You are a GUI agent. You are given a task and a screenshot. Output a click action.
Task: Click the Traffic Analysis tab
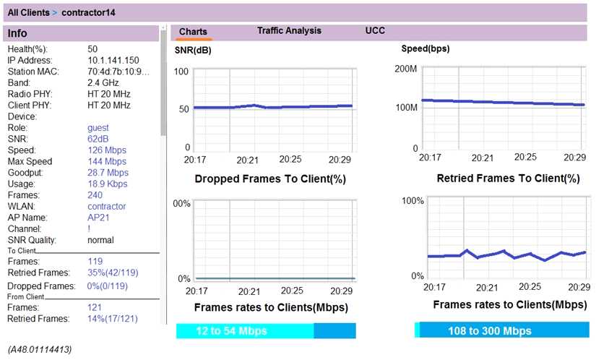pyautogui.click(x=289, y=31)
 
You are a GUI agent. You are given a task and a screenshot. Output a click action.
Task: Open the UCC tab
pyautogui.click(x=375, y=31)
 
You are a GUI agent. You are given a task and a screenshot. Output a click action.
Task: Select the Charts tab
pyautogui.click(x=193, y=32)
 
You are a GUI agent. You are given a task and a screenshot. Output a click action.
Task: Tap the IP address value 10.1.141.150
pyautogui.click(x=113, y=60)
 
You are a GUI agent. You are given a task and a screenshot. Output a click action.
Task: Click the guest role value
pyautogui.click(x=98, y=127)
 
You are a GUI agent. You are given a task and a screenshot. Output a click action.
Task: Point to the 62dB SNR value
pyautogui.click(x=98, y=139)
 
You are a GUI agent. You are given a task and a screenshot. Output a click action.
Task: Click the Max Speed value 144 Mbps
pyautogui.click(x=106, y=161)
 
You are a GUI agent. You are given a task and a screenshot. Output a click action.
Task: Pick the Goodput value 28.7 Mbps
pyautogui.click(x=108, y=173)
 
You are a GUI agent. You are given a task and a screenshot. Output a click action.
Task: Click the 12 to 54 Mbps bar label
pyautogui.click(x=231, y=331)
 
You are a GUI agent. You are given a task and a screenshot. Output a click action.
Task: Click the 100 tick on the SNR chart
pyautogui.click(x=181, y=72)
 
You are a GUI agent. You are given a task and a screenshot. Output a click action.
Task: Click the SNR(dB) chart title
pyautogui.click(x=193, y=51)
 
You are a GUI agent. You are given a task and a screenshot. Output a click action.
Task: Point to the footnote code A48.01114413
pyautogui.click(x=40, y=350)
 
